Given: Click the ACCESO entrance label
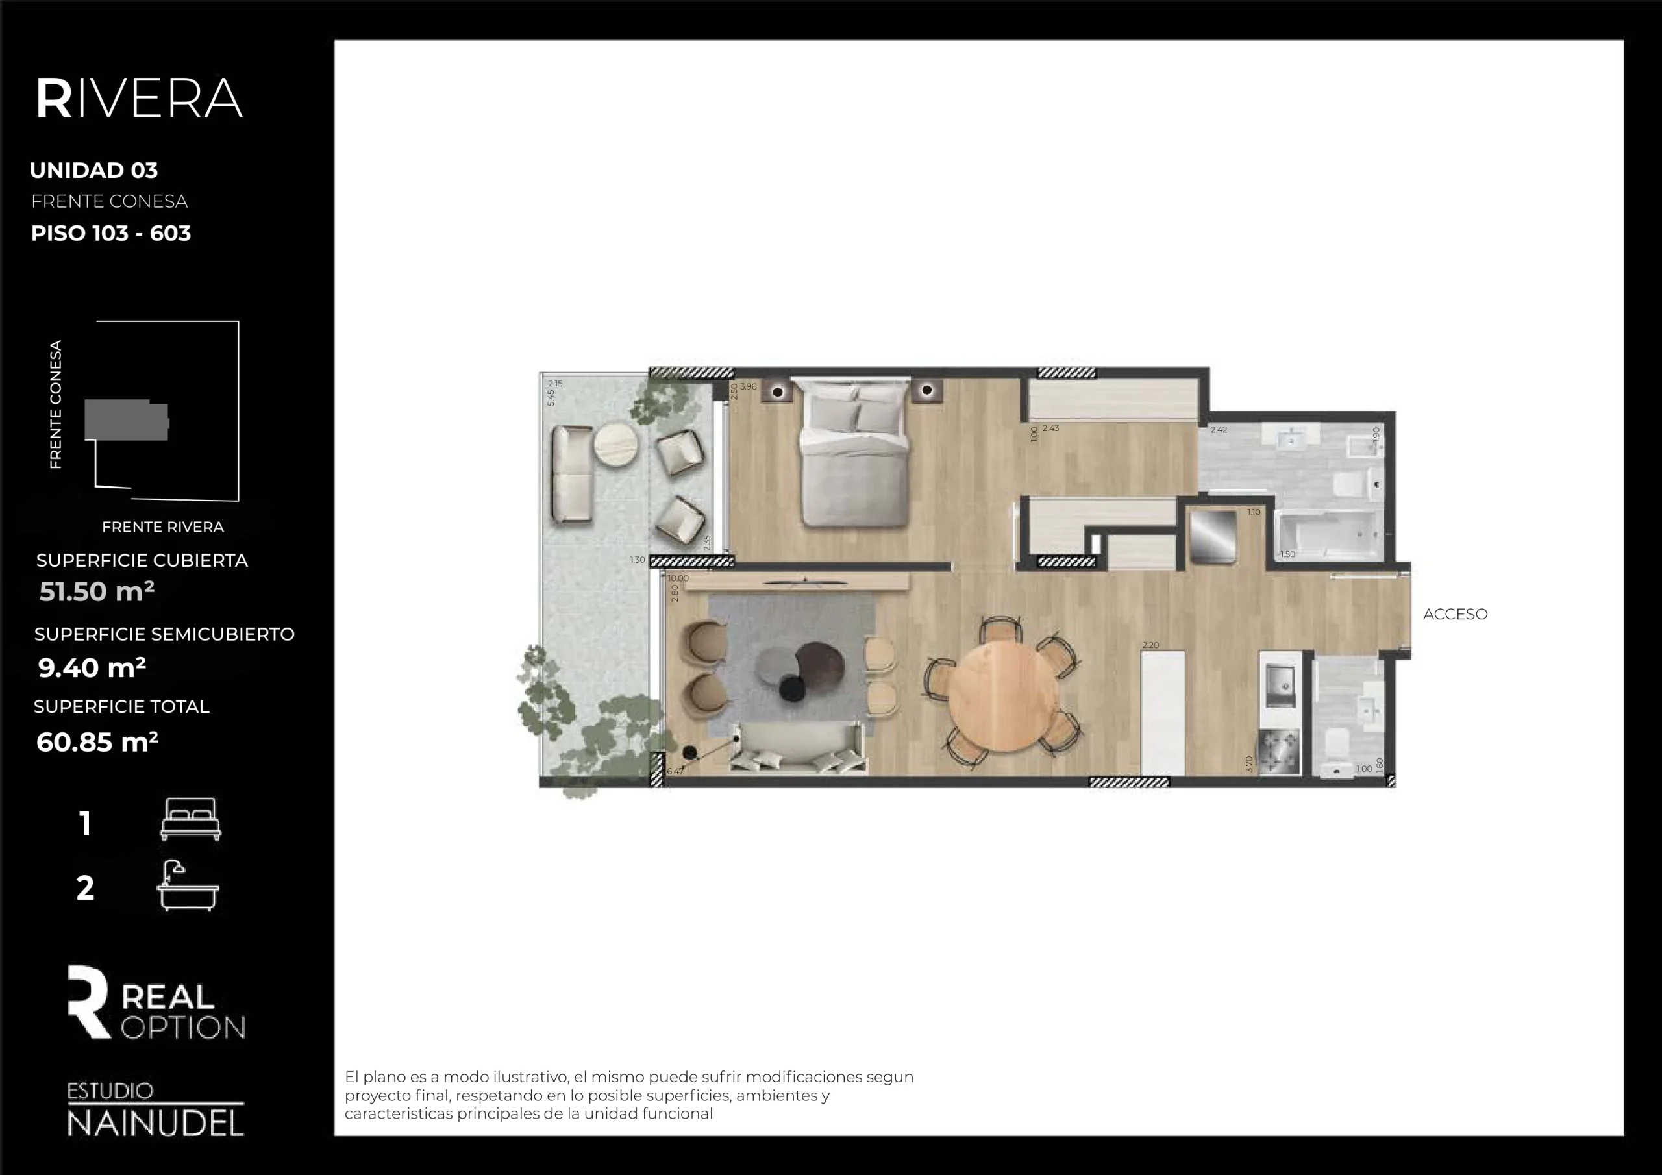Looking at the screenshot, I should click(1455, 614).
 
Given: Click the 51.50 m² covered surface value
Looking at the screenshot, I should click(96, 591).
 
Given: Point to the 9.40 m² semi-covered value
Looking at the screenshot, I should click(92, 667).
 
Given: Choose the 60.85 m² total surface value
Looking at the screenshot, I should click(97, 742).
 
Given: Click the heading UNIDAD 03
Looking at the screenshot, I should click(93, 170).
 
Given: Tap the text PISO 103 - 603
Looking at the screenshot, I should click(111, 233).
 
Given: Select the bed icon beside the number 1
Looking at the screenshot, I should click(190, 819).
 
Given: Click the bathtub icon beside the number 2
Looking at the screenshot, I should click(188, 886).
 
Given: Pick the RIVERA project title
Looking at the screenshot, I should click(139, 99).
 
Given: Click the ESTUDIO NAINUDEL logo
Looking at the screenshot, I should click(155, 1109).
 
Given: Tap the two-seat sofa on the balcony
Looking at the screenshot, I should click(572, 474).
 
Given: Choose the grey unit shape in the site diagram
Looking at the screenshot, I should click(127, 420).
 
